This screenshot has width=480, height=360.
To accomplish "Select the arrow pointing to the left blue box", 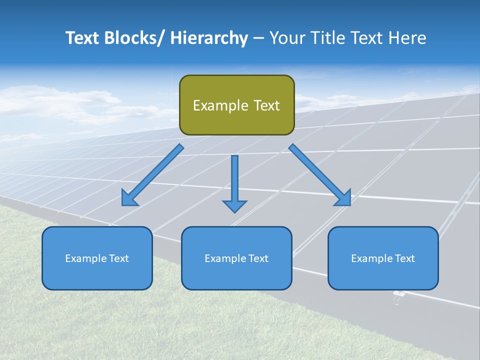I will pyautogui.click(x=152, y=175).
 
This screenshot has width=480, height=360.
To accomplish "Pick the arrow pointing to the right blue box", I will pyautogui.click(x=320, y=175).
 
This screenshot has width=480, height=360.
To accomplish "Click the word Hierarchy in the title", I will pyautogui.click(x=209, y=38).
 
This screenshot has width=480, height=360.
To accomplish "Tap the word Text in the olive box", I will pyautogui.click(x=266, y=105).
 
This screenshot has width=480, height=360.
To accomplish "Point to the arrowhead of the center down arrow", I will pyautogui.click(x=234, y=206).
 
